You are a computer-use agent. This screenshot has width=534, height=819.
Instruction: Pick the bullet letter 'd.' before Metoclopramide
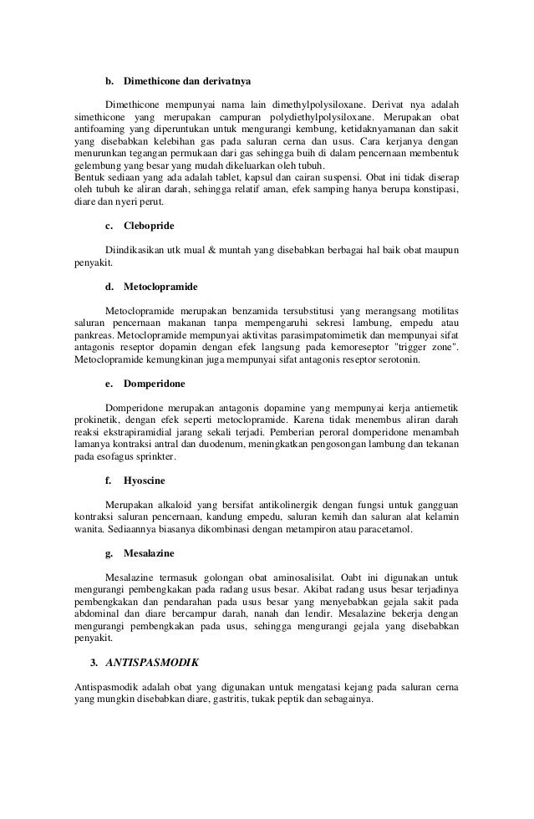coord(109,286)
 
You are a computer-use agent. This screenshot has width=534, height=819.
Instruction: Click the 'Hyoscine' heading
coord(143,481)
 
